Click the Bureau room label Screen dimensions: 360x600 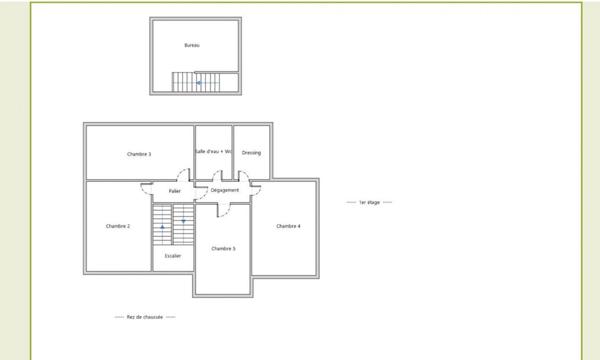pyautogui.click(x=192, y=46)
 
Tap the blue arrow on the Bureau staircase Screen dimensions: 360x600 pyautogui.click(x=199, y=83)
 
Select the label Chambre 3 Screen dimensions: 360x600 pyautogui.click(x=139, y=154)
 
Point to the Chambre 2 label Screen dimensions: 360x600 pyautogui.click(x=118, y=226)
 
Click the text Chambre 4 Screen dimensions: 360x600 pyautogui.click(x=288, y=226)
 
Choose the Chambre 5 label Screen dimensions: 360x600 pyautogui.click(x=223, y=248)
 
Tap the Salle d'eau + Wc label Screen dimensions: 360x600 pyautogui.click(x=213, y=152)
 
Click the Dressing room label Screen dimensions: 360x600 pyautogui.click(x=251, y=153)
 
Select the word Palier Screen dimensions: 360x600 pyautogui.click(x=175, y=190)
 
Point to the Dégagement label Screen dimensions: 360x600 pyautogui.click(x=225, y=190)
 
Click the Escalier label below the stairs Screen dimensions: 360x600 pyautogui.click(x=173, y=256)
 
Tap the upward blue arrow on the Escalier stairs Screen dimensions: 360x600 pyautogui.click(x=162, y=228)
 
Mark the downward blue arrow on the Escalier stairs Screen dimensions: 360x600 pyautogui.click(x=184, y=220)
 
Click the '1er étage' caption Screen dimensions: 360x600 pyautogui.click(x=367, y=202)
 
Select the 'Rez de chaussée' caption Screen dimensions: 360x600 pyautogui.click(x=145, y=317)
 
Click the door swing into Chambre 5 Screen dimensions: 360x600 pyautogui.click(x=226, y=209)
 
